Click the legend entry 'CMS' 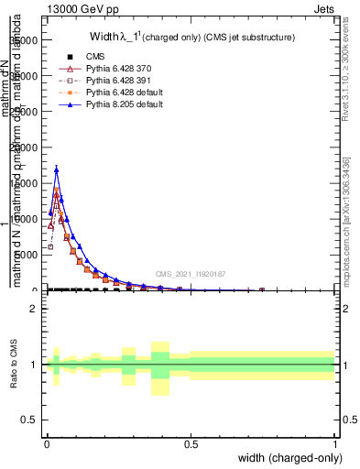coord(95,58)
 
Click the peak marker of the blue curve coord(57,169)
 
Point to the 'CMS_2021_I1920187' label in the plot coord(191,274)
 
